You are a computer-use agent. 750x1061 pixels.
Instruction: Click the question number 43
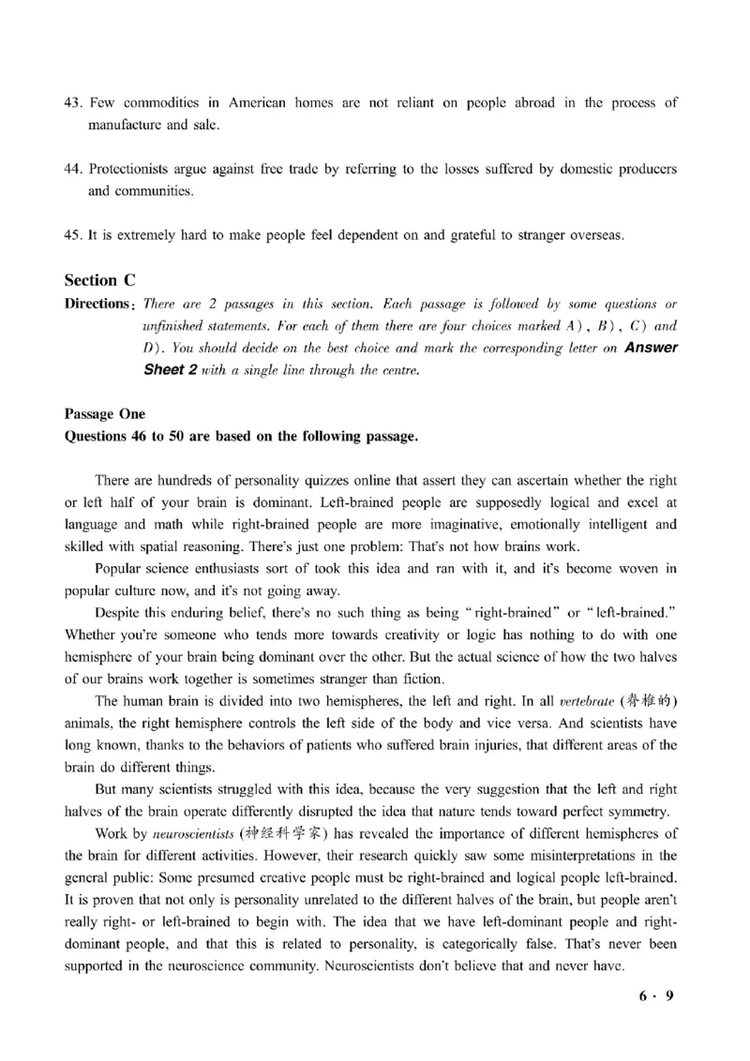(74, 102)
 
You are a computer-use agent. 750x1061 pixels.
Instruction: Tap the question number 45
(74, 235)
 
